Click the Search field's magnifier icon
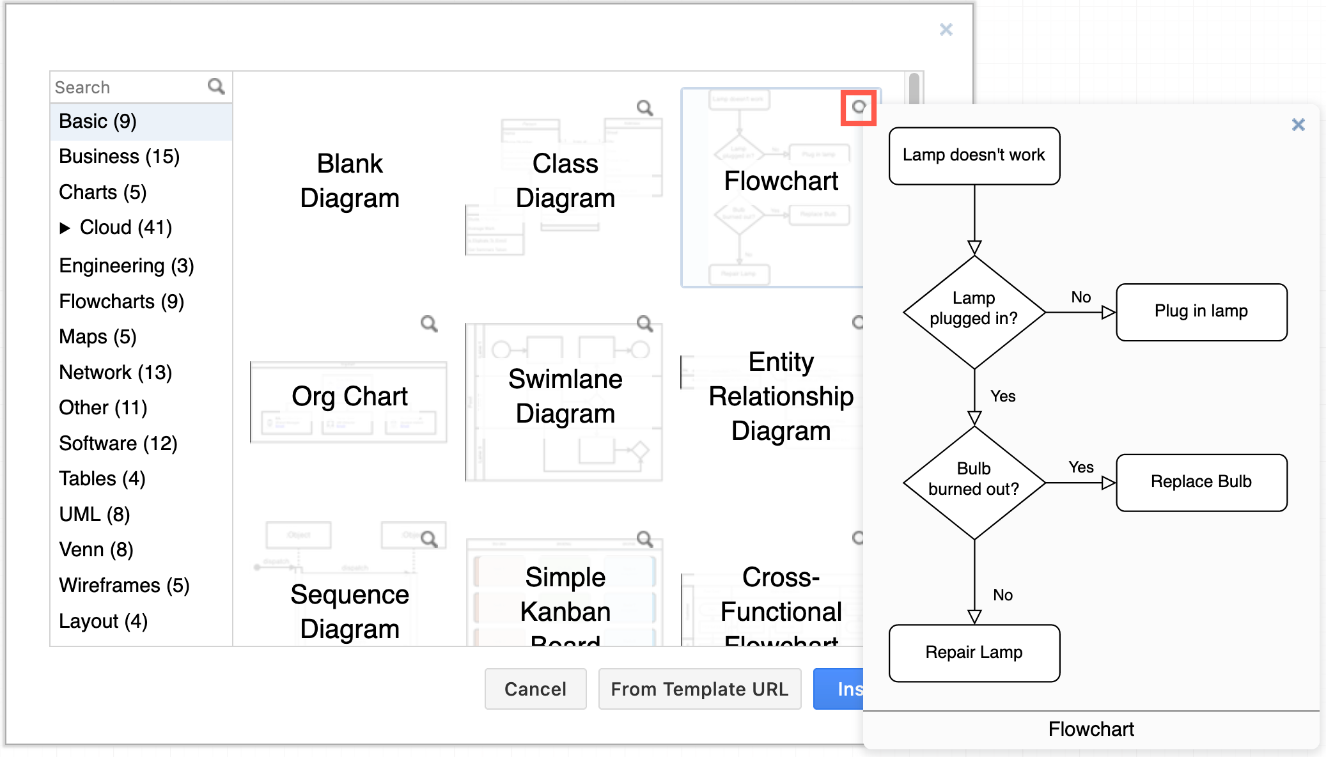click(216, 86)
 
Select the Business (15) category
click(119, 157)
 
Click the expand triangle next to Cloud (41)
click(65, 228)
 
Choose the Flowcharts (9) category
click(121, 301)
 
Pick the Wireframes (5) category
click(124, 585)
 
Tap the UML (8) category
click(95, 514)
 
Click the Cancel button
click(535, 689)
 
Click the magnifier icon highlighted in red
click(858, 107)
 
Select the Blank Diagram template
click(350, 181)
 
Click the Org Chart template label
click(350, 396)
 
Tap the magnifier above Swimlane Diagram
click(644, 324)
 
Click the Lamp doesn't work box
click(974, 155)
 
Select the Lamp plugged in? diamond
click(974, 311)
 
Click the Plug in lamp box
click(1201, 311)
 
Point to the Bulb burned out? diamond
click(974, 482)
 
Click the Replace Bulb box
click(1201, 482)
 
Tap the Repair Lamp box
click(974, 653)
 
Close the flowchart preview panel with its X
click(1298, 125)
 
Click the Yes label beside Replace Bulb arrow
click(1080, 467)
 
